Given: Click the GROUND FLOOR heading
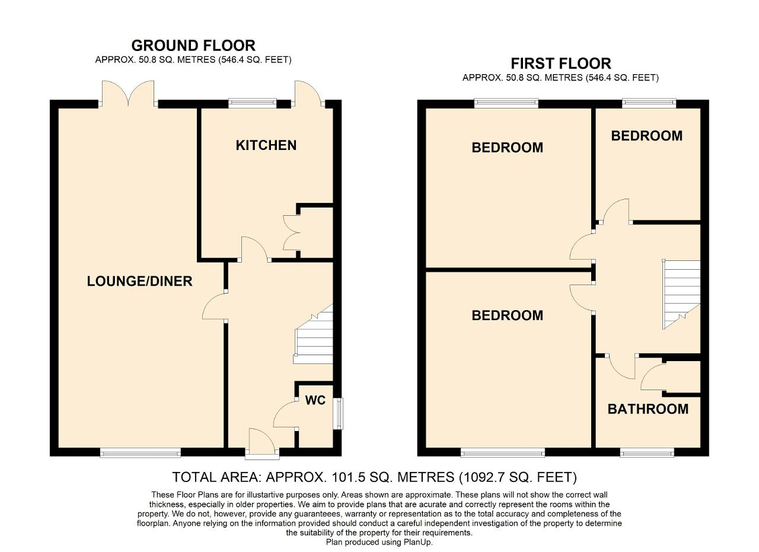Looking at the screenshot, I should pos(193,46).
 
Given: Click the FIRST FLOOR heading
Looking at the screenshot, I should pos(560,63).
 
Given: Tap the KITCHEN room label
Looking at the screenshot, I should pos(266,145).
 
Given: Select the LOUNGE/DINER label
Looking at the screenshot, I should pos(139,281).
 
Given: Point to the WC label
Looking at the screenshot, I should pos(315,400).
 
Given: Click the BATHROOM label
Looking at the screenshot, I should pos(648,409).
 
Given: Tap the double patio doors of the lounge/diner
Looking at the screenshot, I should pos(128,95).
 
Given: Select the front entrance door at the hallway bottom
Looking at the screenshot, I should pos(262,445).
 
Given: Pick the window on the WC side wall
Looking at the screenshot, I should pos(338,413).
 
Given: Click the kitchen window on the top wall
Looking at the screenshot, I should pos(253,103).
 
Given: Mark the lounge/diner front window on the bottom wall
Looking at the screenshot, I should pos(140,454).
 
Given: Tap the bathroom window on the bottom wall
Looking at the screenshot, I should pos(647,454).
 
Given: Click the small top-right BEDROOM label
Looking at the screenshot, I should pos(646,136).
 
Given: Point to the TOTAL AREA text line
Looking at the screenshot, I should pos(374,477).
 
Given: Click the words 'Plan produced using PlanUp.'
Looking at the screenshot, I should pos(379,542).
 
